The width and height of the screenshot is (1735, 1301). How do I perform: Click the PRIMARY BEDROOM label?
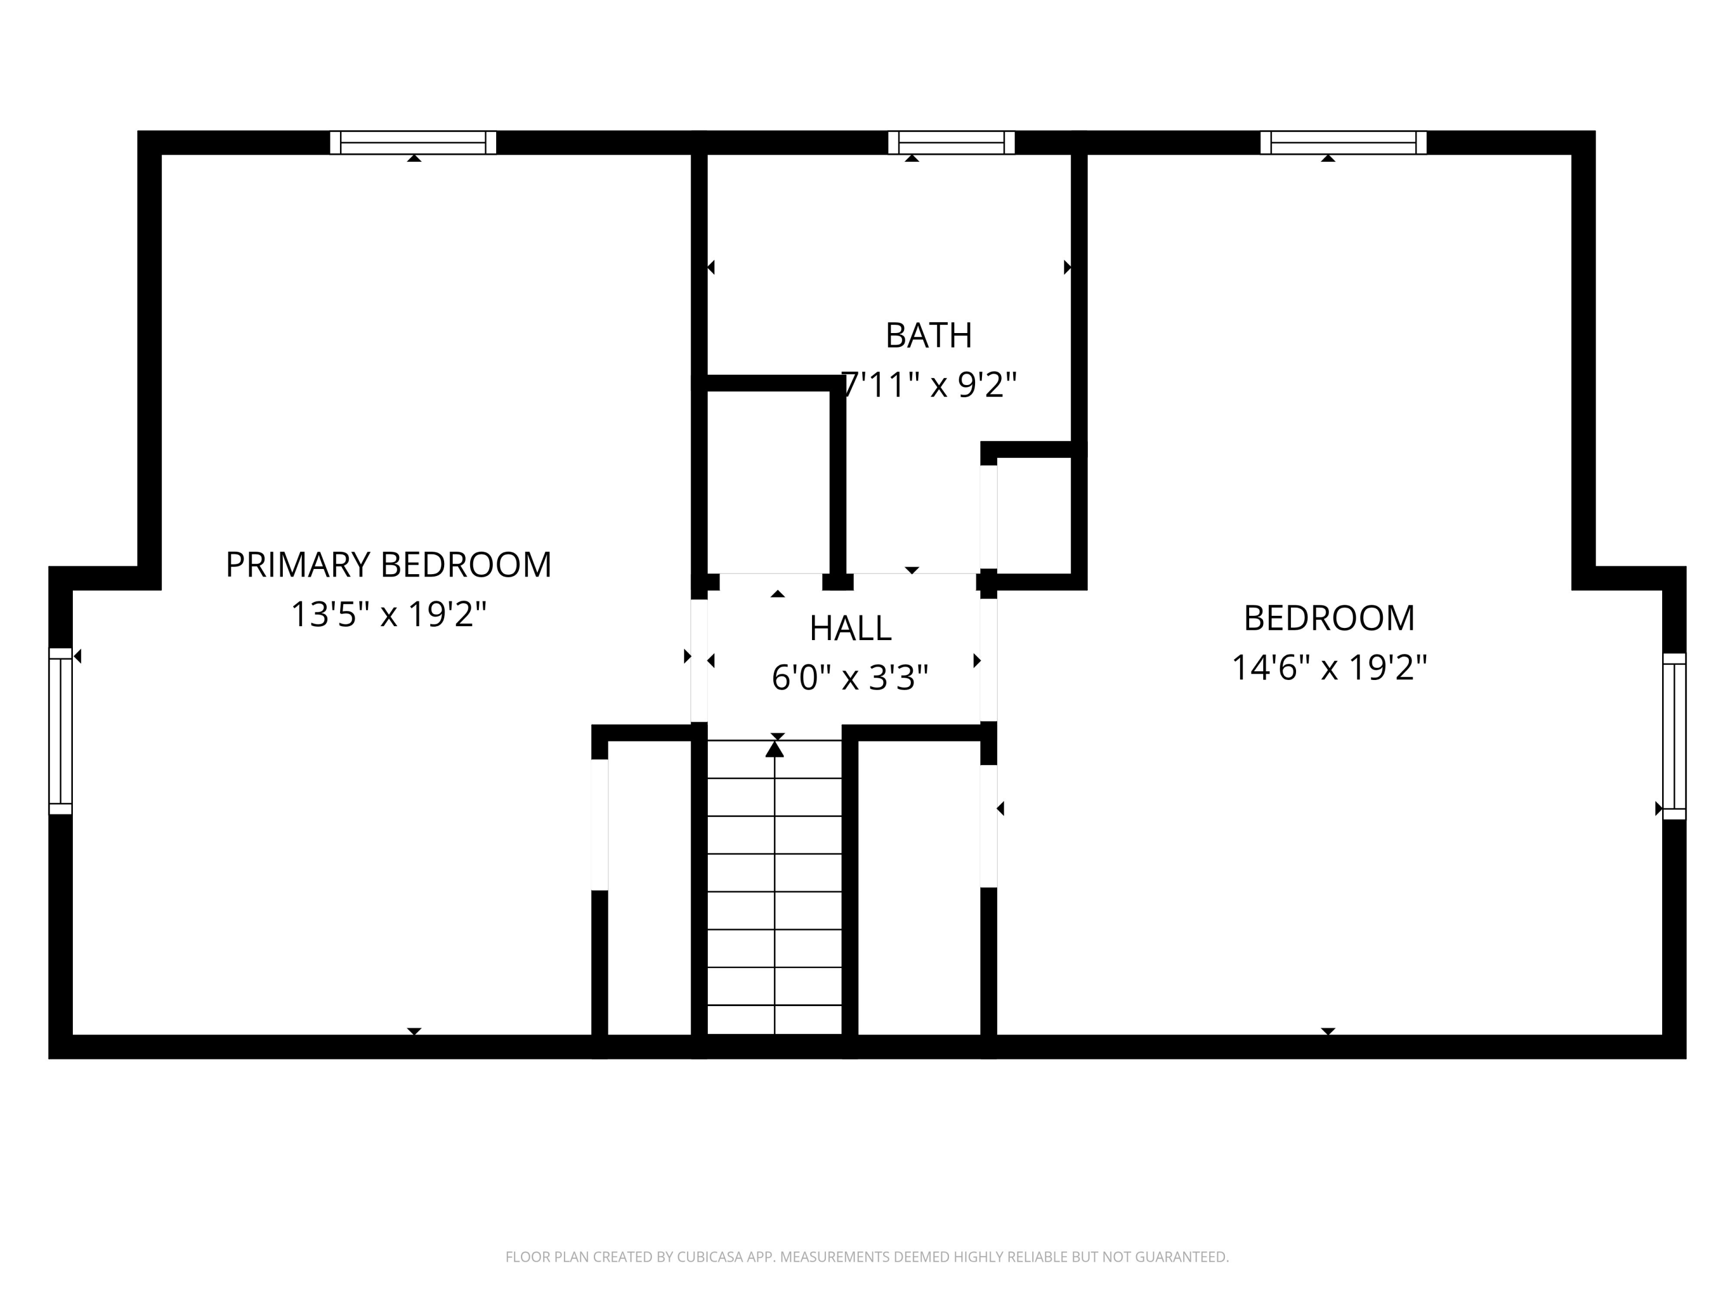(388, 564)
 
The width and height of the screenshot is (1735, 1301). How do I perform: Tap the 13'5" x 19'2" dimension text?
(388, 614)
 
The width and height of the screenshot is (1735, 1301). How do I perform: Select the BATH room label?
(929, 335)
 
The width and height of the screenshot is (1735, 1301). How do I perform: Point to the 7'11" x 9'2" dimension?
(929, 385)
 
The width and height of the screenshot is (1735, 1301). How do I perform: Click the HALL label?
(850, 628)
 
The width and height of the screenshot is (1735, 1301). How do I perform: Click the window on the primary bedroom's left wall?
(60, 731)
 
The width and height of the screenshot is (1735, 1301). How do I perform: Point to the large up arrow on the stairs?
(775, 749)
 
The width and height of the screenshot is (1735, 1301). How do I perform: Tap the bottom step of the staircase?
(775, 1019)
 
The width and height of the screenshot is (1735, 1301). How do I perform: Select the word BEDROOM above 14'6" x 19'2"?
(1328, 619)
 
